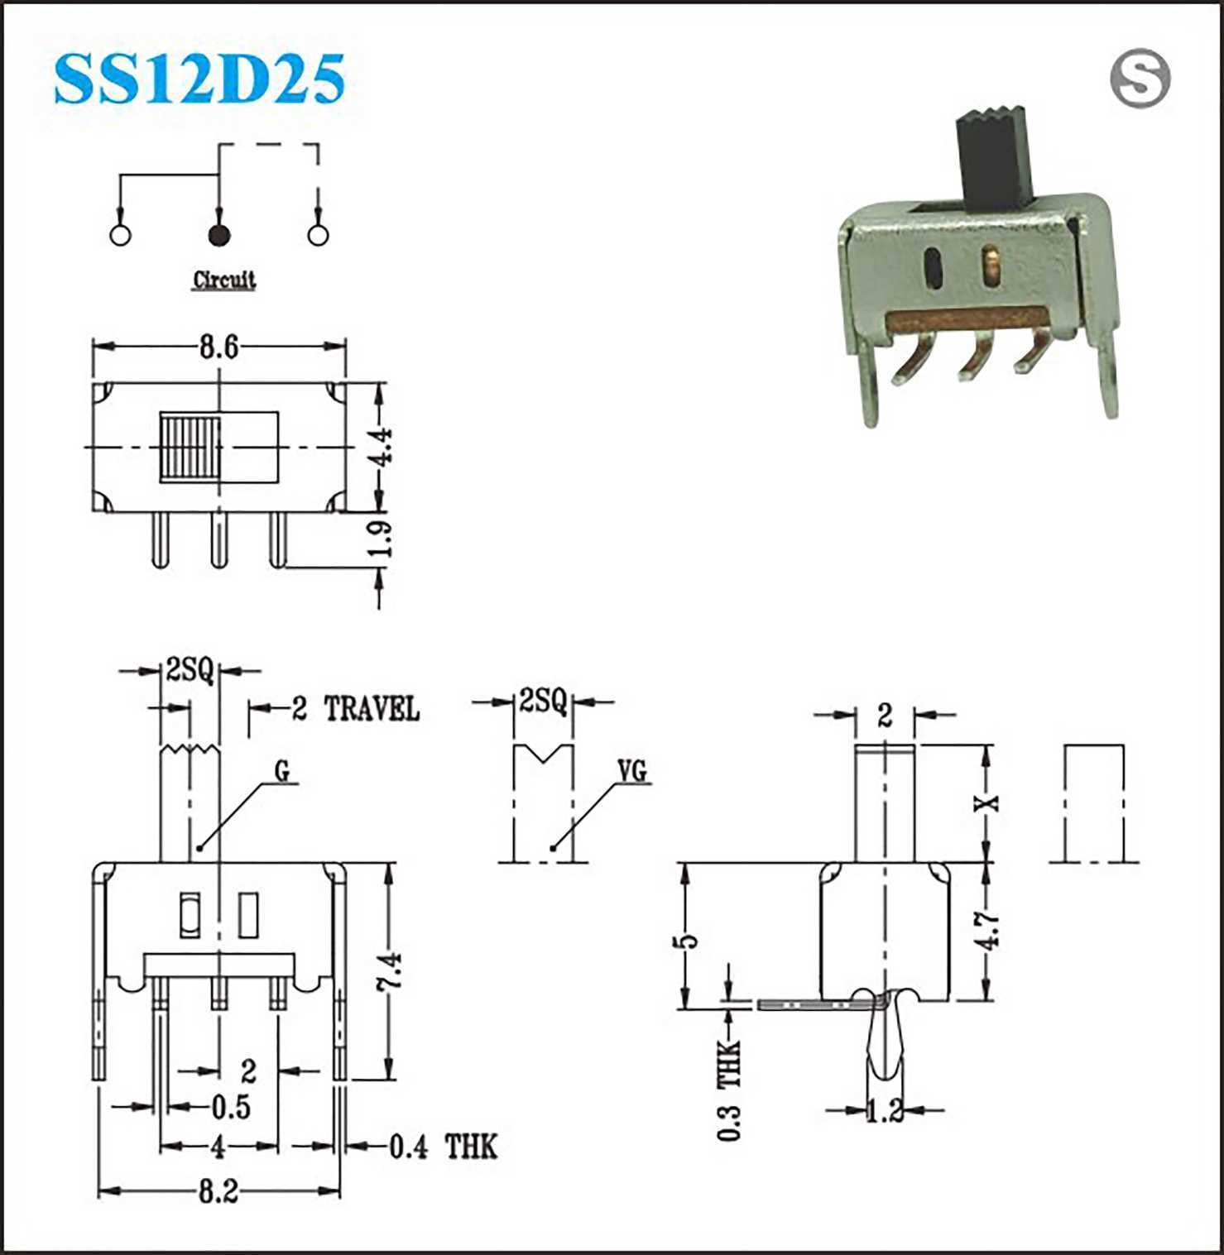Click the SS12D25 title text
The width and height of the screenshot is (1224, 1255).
click(x=199, y=79)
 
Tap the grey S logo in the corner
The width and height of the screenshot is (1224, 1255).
click(x=1140, y=78)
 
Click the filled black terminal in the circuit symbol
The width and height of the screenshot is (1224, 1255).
click(x=218, y=235)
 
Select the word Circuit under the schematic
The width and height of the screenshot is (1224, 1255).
click(x=223, y=280)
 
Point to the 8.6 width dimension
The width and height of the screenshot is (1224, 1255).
click(x=218, y=347)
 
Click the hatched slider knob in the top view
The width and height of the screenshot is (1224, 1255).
click(x=191, y=448)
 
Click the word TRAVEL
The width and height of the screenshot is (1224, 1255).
click(x=372, y=709)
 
